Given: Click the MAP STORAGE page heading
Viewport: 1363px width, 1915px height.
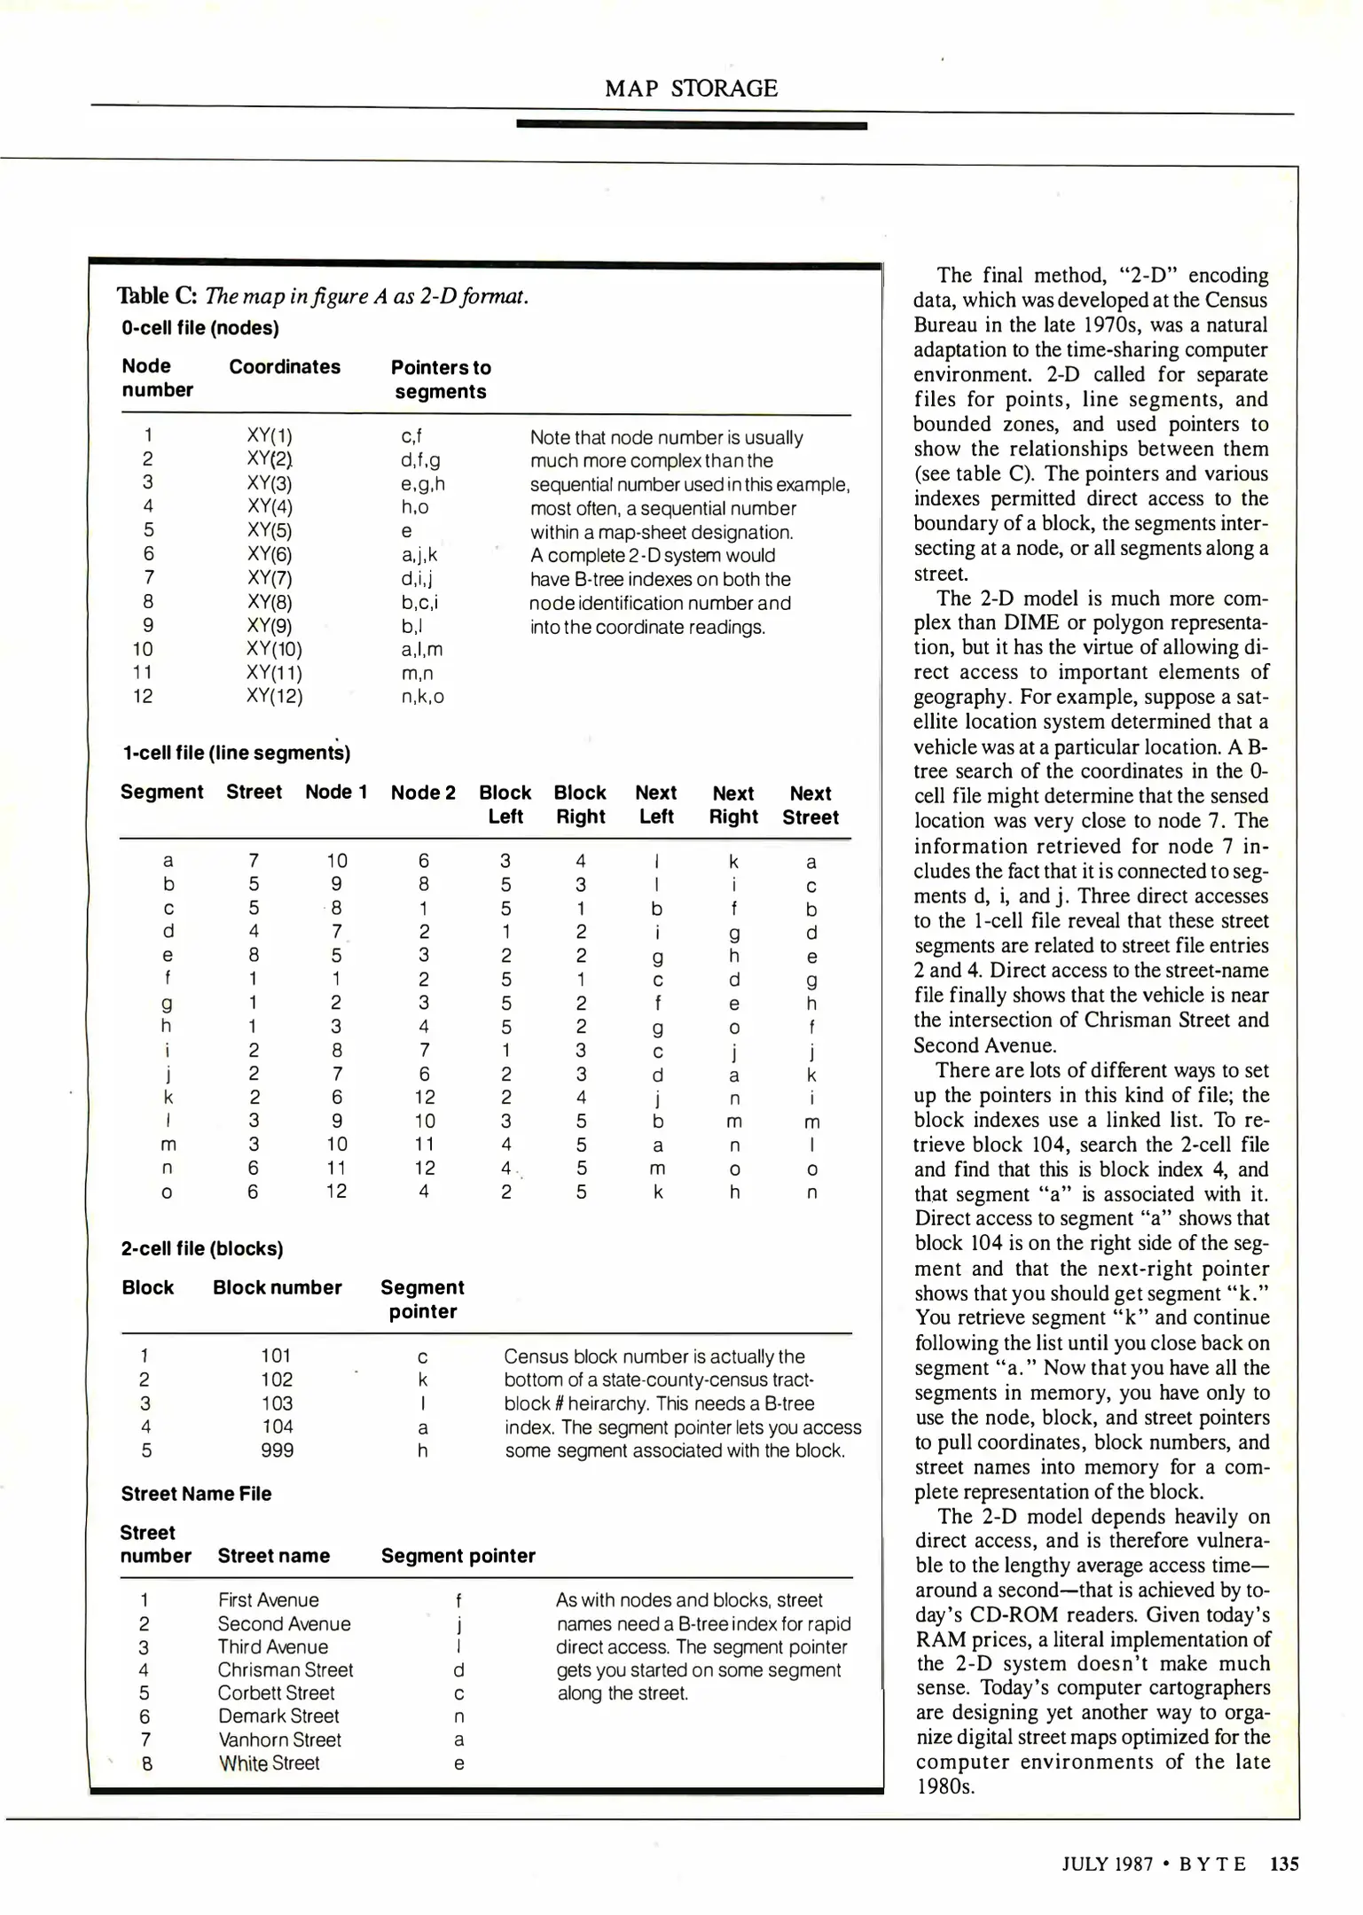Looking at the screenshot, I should (x=691, y=89).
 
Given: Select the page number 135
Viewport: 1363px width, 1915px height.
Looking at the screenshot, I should (x=1283, y=1864).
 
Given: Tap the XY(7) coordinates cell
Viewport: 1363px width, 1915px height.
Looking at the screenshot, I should (x=270, y=579).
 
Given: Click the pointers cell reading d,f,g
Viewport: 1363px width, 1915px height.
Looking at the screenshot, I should (x=420, y=459).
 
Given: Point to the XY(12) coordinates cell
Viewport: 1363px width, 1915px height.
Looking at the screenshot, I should (x=274, y=697).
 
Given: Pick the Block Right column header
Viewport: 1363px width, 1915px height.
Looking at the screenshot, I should (x=580, y=805).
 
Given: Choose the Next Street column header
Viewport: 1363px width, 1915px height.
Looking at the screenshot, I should (x=810, y=805).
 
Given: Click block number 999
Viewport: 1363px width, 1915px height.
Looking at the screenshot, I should (x=278, y=1450).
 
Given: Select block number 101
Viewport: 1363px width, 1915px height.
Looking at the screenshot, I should (x=276, y=1356).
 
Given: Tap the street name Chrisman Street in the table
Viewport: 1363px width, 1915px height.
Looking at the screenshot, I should (x=286, y=1670).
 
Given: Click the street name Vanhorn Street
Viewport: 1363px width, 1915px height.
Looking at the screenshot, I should (x=279, y=1739).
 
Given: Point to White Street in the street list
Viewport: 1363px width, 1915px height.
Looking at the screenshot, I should (x=269, y=1763).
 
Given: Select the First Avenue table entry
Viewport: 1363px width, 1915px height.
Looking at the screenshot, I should (x=268, y=1600).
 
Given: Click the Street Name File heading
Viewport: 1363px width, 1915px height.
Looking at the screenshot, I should (x=196, y=1494).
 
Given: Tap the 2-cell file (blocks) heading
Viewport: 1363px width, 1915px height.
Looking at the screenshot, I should (x=202, y=1249).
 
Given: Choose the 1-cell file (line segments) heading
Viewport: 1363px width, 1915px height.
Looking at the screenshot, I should (x=236, y=754).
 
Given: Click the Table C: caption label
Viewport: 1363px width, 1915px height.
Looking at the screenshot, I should (x=157, y=296).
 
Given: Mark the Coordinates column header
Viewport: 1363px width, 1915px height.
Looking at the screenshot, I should (x=285, y=367).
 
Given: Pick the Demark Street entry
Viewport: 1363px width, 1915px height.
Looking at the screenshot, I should (x=278, y=1716).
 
